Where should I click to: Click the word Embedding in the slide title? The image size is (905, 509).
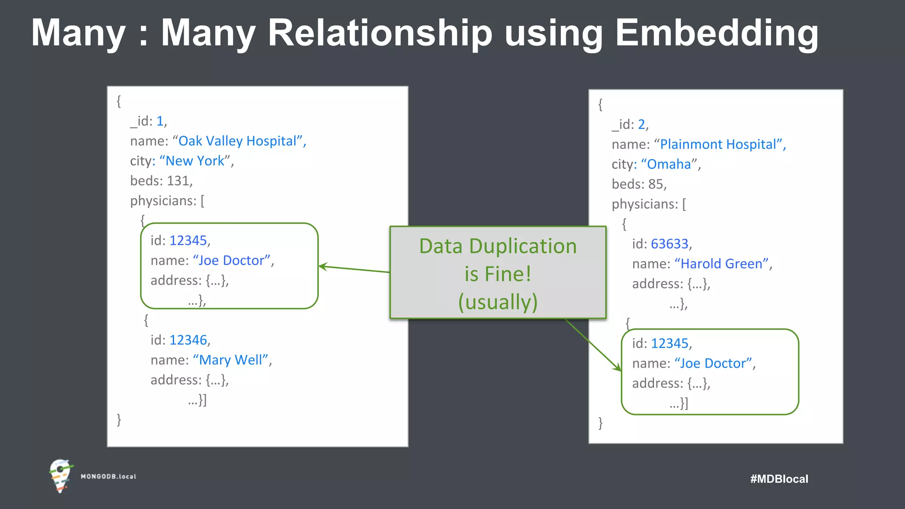pos(716,33)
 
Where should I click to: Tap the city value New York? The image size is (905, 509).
pos(195,161)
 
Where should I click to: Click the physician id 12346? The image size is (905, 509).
pos(188,340)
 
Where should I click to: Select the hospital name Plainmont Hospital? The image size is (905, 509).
pos(719,144)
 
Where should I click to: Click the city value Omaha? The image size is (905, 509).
pos(669,164)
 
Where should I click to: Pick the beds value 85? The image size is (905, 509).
pos(656,184)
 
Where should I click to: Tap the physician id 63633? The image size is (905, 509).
pos(669,244)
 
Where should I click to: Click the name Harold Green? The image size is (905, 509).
pos(721,264)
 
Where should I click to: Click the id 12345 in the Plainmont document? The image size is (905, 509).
pos(669,343)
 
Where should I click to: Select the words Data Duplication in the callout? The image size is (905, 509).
pos(498,246)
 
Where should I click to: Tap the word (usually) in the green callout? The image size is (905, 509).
pos(498,302)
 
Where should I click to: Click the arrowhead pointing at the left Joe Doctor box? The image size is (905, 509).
pos(322,266)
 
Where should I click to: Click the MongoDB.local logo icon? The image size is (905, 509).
pos(61,475)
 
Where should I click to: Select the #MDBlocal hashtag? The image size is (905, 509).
pos(779,479)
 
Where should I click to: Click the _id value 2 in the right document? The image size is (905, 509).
pos(641,125)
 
